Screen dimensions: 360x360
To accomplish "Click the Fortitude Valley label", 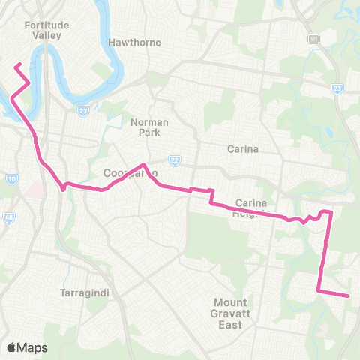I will (x=46, y=30).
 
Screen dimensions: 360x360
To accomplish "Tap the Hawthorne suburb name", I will (x=135, y=43).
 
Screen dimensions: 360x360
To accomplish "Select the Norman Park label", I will (x=149, y=127).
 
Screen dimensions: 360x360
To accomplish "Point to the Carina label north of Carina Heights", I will (x=243, y=148).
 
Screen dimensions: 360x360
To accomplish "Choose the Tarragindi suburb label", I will (x=84, y=294).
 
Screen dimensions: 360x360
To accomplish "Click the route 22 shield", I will (x=175, y=160).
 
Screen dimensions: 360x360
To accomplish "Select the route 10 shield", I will (x=11, y=179).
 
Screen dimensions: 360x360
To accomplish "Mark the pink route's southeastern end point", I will (x=349, y=295).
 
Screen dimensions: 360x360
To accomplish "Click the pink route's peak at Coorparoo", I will (x=143, y=164).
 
